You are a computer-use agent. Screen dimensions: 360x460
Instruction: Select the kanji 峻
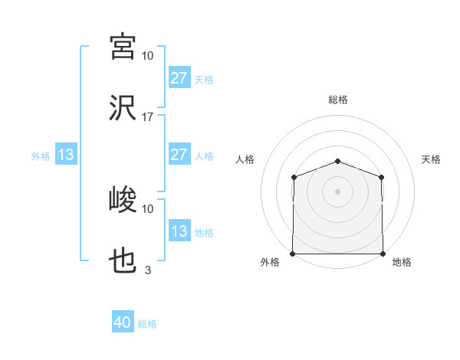pyautogui.click(x=123, y=201)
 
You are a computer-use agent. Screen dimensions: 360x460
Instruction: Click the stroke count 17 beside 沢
pyautogui.click(x=148, y=117)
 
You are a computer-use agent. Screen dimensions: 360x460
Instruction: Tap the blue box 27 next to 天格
pyautogui.click(x=179, y=77)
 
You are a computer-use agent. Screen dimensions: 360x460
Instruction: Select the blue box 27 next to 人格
pyautogui.click(x=179, y=155)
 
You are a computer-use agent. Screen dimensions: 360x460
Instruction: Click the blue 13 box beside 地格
pyautogui.click(x=179, y=231)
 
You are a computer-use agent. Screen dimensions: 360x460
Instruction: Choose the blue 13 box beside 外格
pyautogui.click(x=66, y=155)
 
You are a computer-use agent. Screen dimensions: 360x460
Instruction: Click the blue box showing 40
pyautogui.click(x=123, y=323)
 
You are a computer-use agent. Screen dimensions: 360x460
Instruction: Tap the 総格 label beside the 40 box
pyautogui.click(x=148, y=324)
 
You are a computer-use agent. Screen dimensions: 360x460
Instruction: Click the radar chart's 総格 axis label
pyautogui.click(x=338, y=100)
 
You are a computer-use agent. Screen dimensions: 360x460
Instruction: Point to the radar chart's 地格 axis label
pyautogui.click(x=402, y=263)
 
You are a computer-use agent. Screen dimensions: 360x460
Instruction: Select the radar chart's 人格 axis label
pyautogui.click(x=245, y=159)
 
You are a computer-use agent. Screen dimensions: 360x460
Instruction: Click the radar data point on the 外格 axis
pyautogui.click(x=293, y=254)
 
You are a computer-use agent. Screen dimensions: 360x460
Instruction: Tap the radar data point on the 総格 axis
pyautogui.click(x=338, y=161)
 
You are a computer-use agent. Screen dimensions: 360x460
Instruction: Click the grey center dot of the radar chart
pyautogui.click(x=338, y=191)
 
